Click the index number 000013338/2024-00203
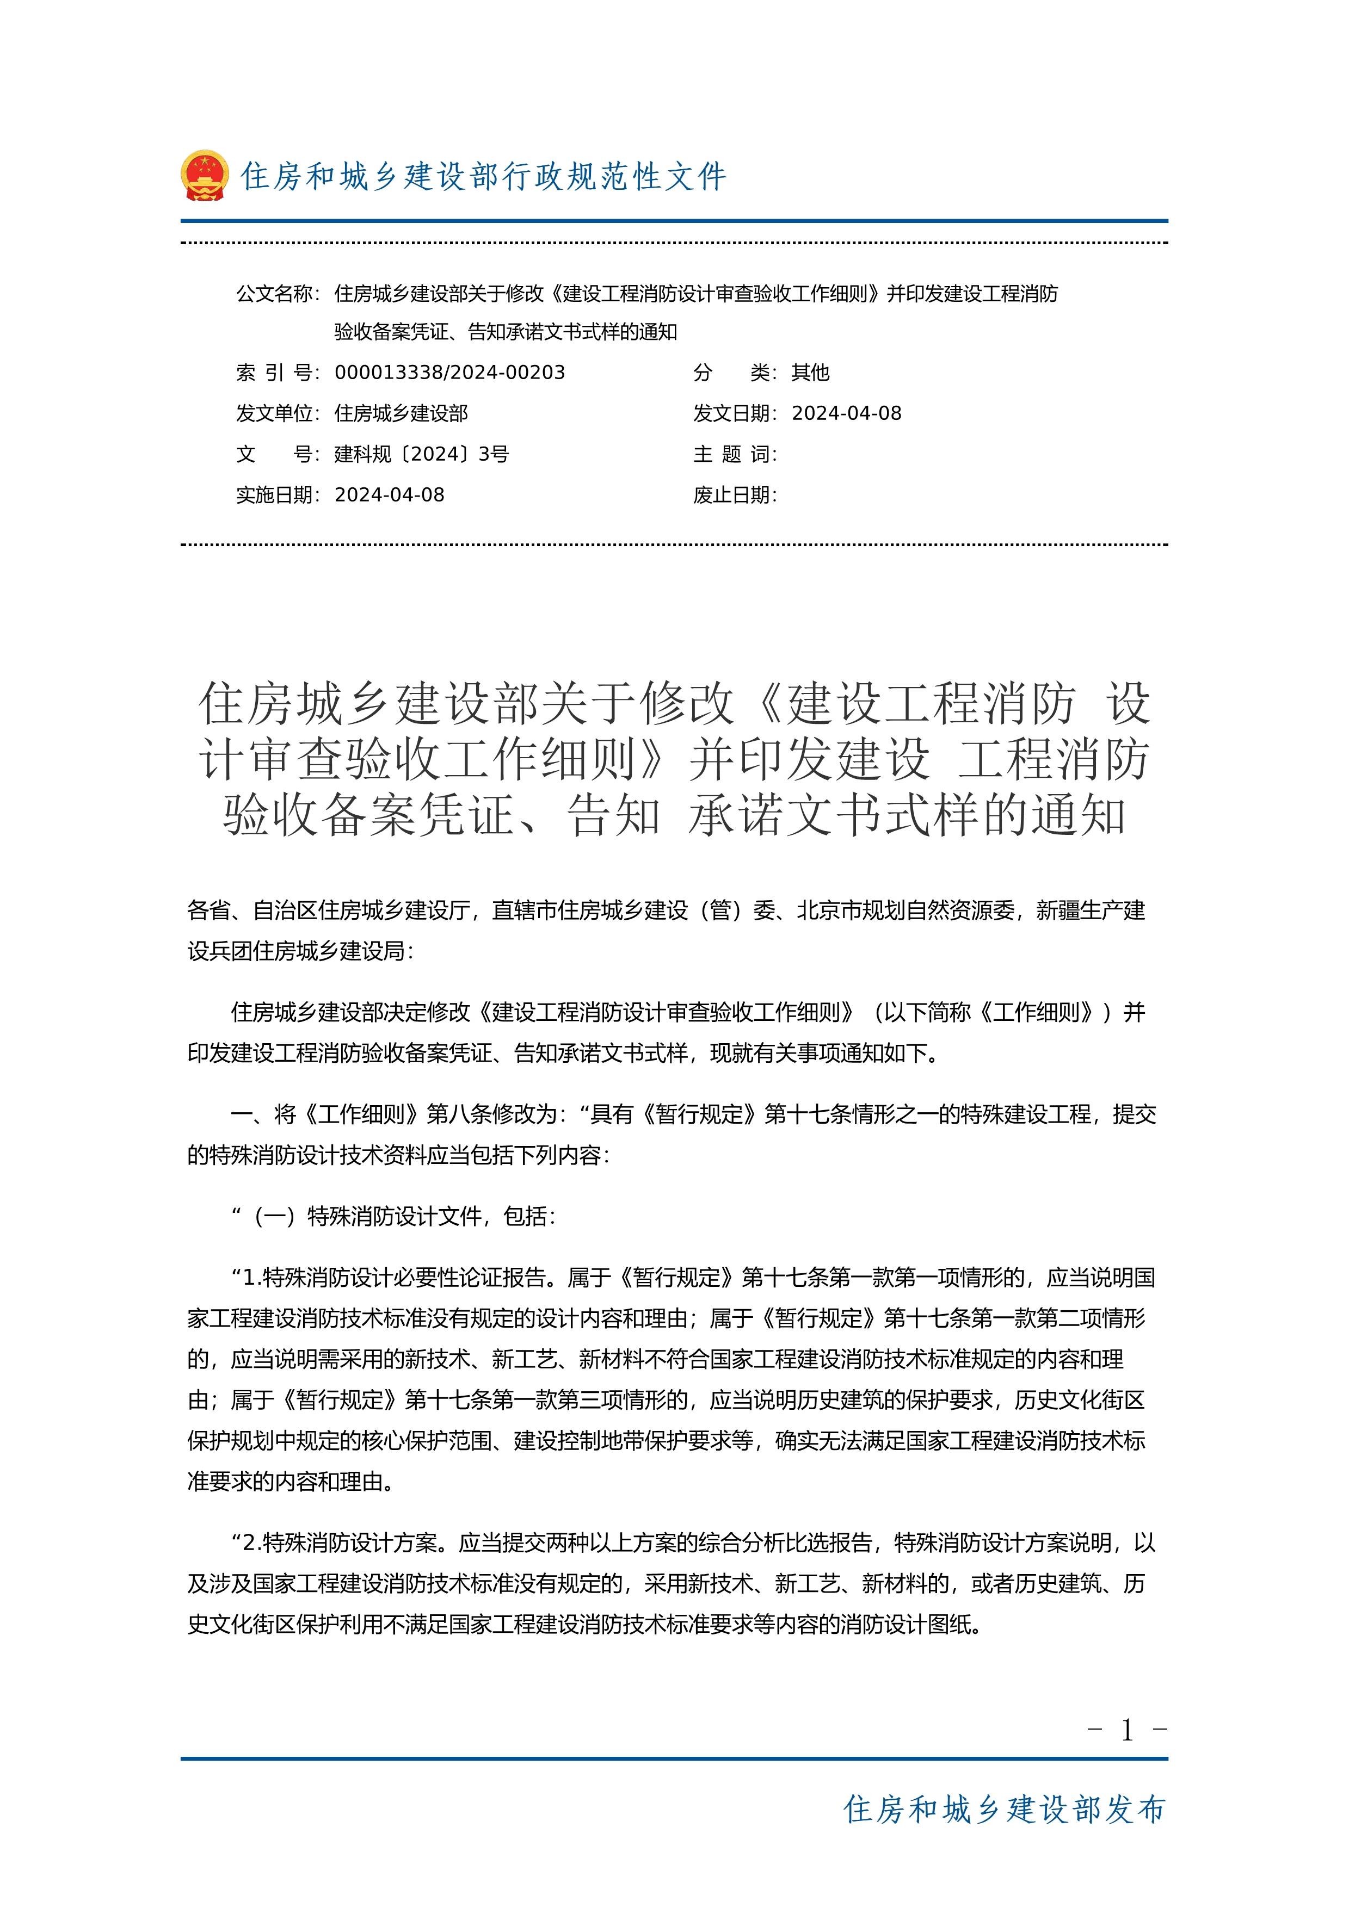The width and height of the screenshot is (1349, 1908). tap(449, 372)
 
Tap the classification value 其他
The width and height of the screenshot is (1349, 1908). tap(810, 372)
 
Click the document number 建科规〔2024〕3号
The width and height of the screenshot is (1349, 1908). tap(421, 454)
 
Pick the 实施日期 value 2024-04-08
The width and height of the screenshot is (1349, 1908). tap(389, 495)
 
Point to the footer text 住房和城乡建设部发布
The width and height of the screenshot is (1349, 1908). tap(1004, 1809)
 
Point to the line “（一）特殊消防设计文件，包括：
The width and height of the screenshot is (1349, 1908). tap(394, 1217)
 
